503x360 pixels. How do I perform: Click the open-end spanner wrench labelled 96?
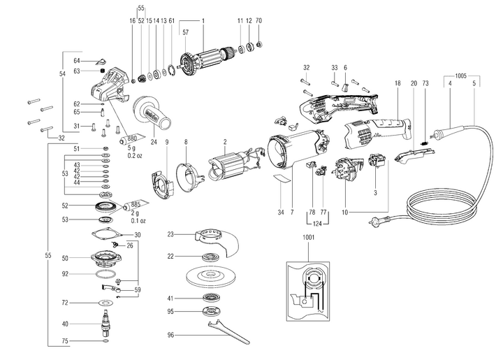(x=228, y=333)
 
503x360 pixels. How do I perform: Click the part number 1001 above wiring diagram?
(x=308, y=238)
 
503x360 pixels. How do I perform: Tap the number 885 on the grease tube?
(x=136, y=204)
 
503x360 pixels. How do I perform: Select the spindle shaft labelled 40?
(x=105, y=322)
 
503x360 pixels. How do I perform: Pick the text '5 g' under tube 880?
(x=132, y=148)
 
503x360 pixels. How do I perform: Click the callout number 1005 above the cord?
(x=460, y=76)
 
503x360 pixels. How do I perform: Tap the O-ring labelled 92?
(x=105, y=274)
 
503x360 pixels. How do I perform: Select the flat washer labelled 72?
(x=105, y=303)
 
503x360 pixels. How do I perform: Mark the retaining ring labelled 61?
(x=171, y=71)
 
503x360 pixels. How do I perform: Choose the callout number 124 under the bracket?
(x=317, y=223)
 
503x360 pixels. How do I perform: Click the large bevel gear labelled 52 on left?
(x=106, y=207)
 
